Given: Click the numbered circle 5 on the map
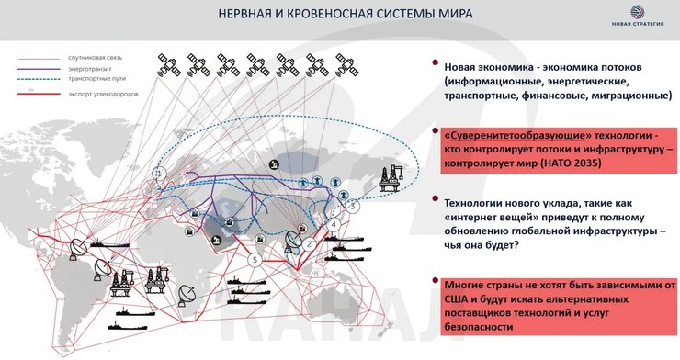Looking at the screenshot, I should pyautogui.click(x=255, y=260).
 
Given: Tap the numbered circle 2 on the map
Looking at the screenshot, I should pyautogui.click(x=310, y=243).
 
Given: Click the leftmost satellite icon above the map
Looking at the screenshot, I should pyautogui.click(x=164, y=63).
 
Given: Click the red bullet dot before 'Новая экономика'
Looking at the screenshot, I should pyautogui.click(x=433, y=66).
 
